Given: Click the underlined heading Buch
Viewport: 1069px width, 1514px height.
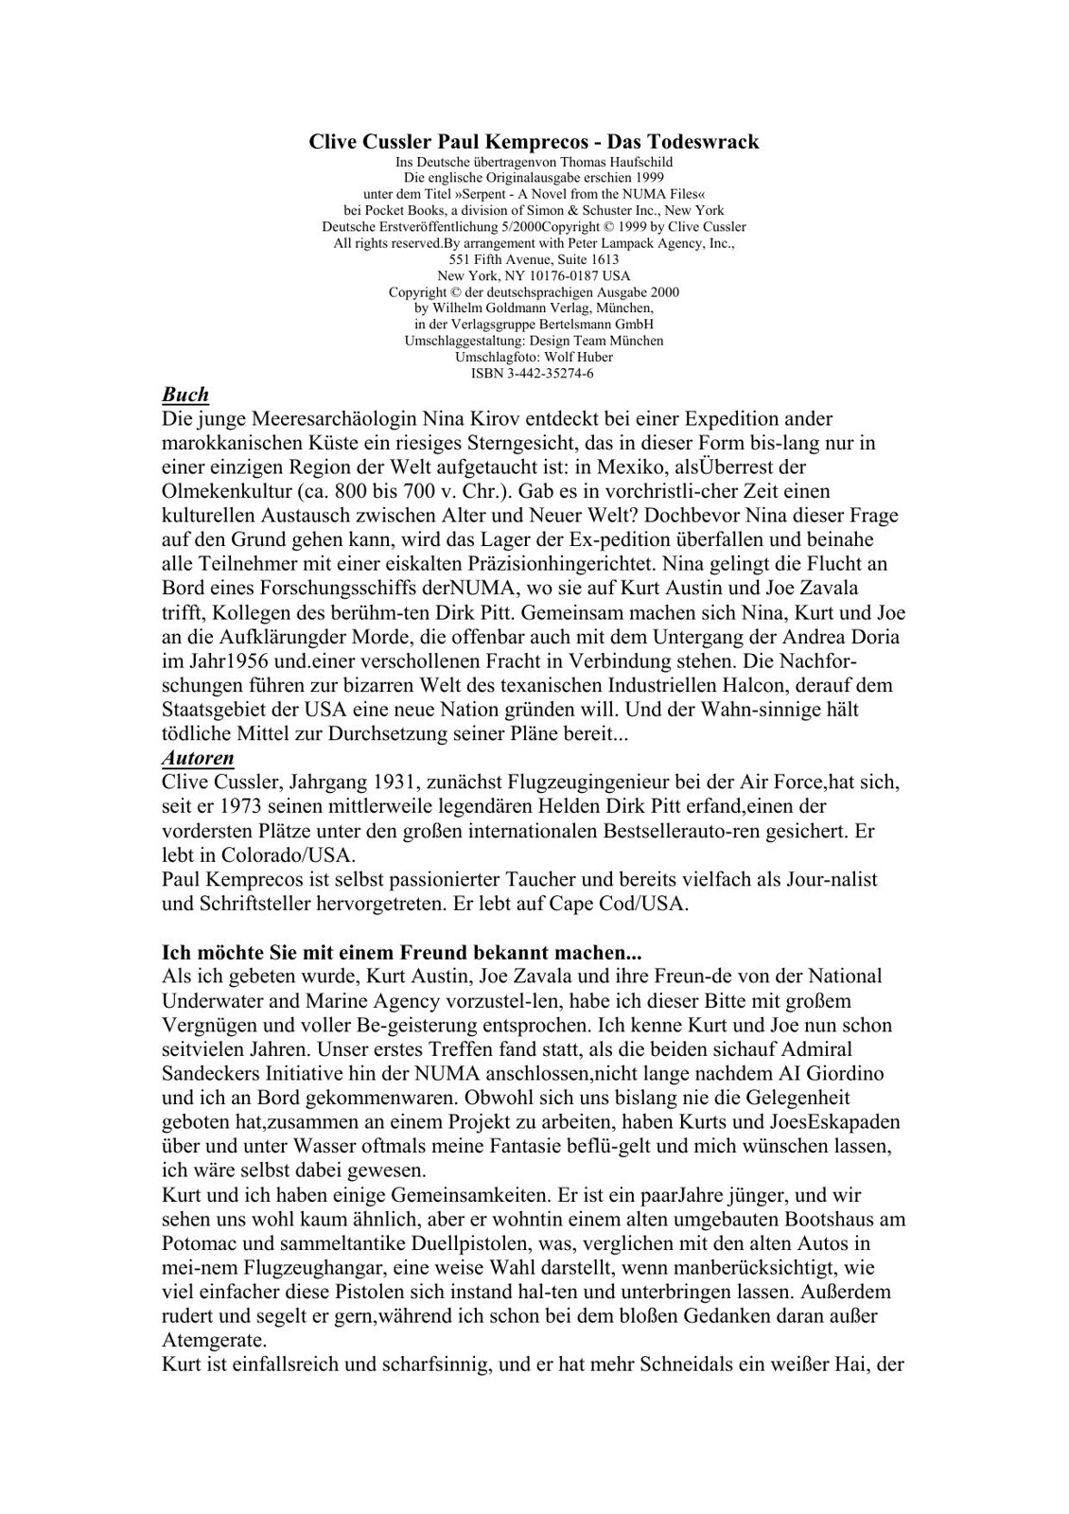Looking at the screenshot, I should coord(185,395).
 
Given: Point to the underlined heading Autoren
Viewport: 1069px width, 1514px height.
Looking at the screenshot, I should coord(198,758).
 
